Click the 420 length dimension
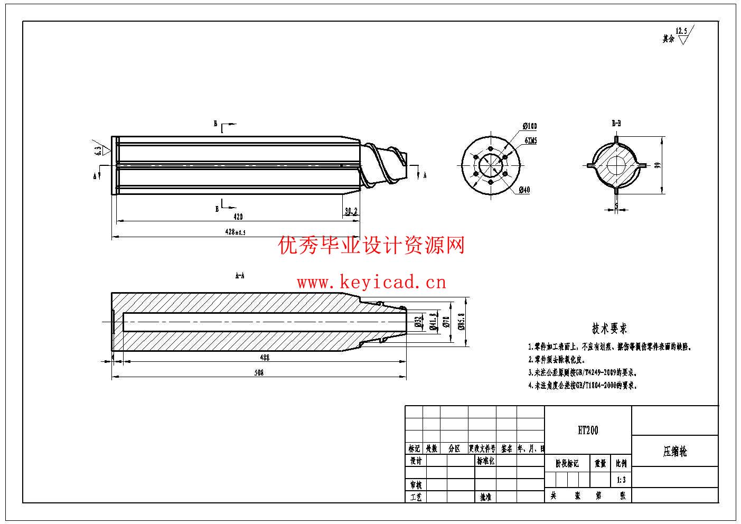coord(238,217)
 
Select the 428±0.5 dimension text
coord(236,232)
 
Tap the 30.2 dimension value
coord(351,211)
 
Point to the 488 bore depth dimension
coord(265,358)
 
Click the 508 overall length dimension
coord(259,373)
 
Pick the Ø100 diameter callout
coord(530,126)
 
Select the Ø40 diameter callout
coord(524,190)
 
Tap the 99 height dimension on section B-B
coord(658,165)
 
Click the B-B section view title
coord(616,124)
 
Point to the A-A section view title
coord(239,276)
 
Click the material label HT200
coord(588,431)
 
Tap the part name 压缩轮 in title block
coord(675,452)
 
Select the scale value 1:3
coord(621,480)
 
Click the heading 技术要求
coord(609,329)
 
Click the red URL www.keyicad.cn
coord(371,283)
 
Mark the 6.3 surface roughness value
coord(98,150)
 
